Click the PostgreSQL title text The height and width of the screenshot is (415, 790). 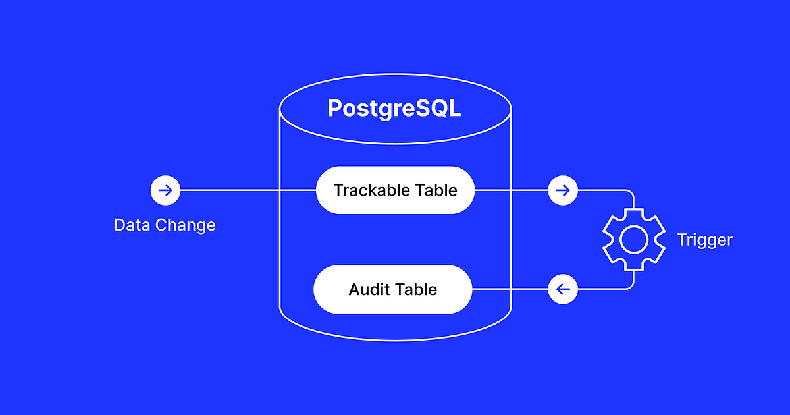pyautogui.click(x=394, y=108)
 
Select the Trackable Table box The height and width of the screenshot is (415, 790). pyautogui.click(x=395, y=190)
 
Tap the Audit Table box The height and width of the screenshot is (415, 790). pyautogui.click(x=393, y=289)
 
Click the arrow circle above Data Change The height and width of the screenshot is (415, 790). pyautogui.click(x=165, y=191)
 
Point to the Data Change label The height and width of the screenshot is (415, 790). pyautogui.click(x=165, y=225)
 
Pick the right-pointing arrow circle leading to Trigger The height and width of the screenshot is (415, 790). pyautogui.click(x=563, y=191)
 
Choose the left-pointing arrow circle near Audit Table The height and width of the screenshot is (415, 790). pyautogui.click(x=563, y=289)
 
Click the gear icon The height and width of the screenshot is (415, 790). pyautogui.click(x=632, y=240)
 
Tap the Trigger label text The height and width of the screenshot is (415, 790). pyautogui.click(x=704, y=240)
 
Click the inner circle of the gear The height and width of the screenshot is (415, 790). pyautogui.click(x=632, y=240)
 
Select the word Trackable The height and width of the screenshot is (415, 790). pyautogui.click(x=372, y=190)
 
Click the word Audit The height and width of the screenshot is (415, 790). pyautogui.click(x=369, y=289)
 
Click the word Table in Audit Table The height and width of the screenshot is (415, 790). pyautogui.click(x=416, y=289)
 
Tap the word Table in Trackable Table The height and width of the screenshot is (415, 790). pyautogui.click(x=436, y=190)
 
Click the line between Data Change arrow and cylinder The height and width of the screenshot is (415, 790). pyautogui.click(x=230, y=191)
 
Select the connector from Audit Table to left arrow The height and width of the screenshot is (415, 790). pyautogui.click(x=510, y=289)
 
